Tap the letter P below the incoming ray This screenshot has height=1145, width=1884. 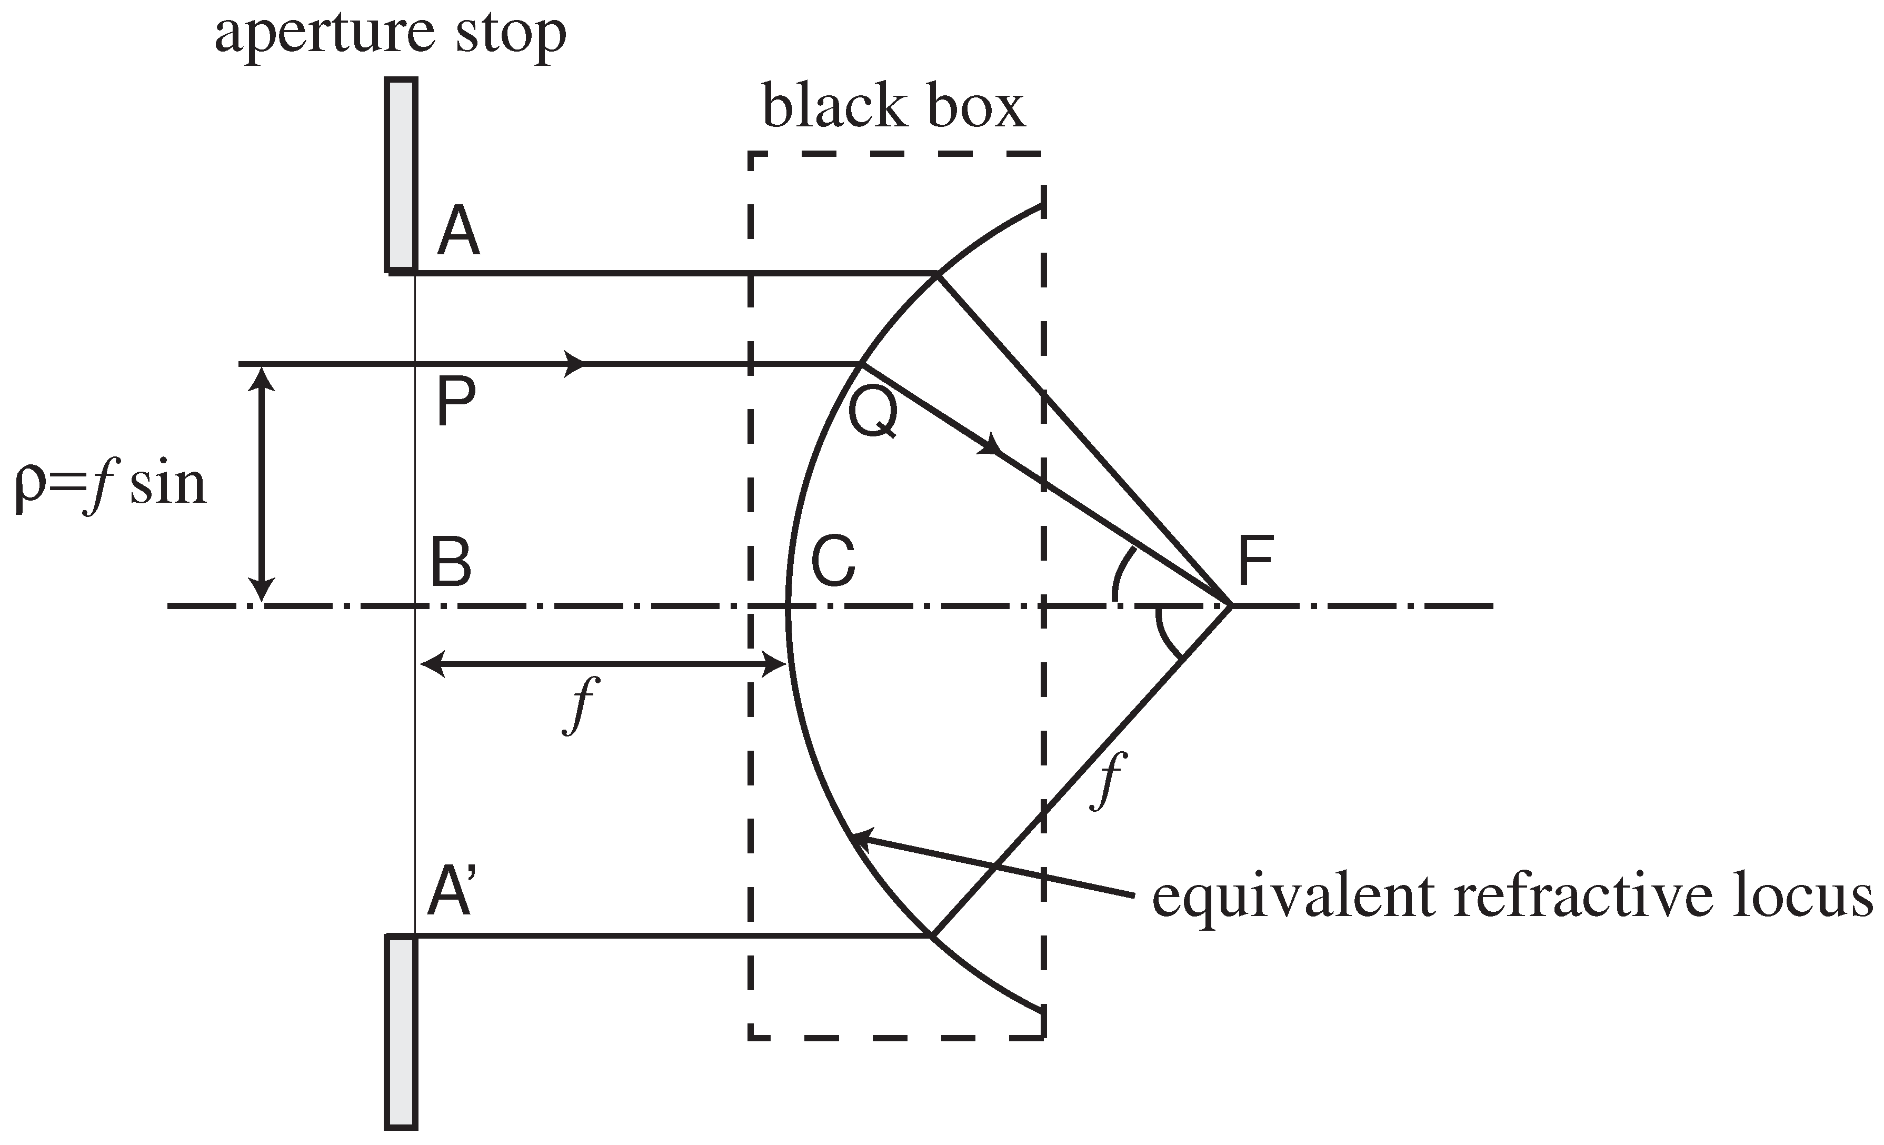456,403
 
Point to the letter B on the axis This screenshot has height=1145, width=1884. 451,562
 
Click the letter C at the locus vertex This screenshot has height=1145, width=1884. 833,562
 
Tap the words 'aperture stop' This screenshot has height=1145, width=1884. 390,34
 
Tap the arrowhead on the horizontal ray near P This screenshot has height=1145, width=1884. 575,364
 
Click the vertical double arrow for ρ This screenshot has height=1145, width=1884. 262,484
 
